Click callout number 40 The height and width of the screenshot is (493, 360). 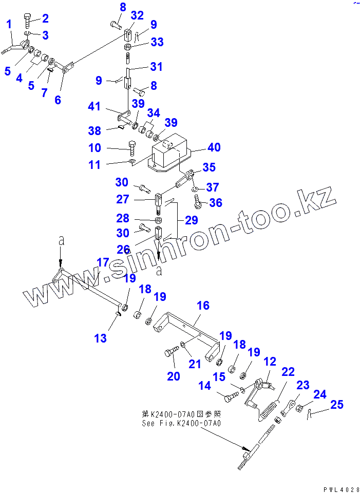click(x=214, y=148)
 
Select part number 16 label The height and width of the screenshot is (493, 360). click(x=203, y=306)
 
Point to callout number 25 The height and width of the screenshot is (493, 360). click(x=336, y=405)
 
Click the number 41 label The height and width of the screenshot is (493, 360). click(x=93, y=107)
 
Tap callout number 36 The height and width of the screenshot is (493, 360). click(x=216, y=203)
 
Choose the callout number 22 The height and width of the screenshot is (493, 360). click(x=288, y=372)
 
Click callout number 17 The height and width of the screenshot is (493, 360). click(x=103, y=262)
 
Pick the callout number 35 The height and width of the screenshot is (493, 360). click(x=209, y=167)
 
